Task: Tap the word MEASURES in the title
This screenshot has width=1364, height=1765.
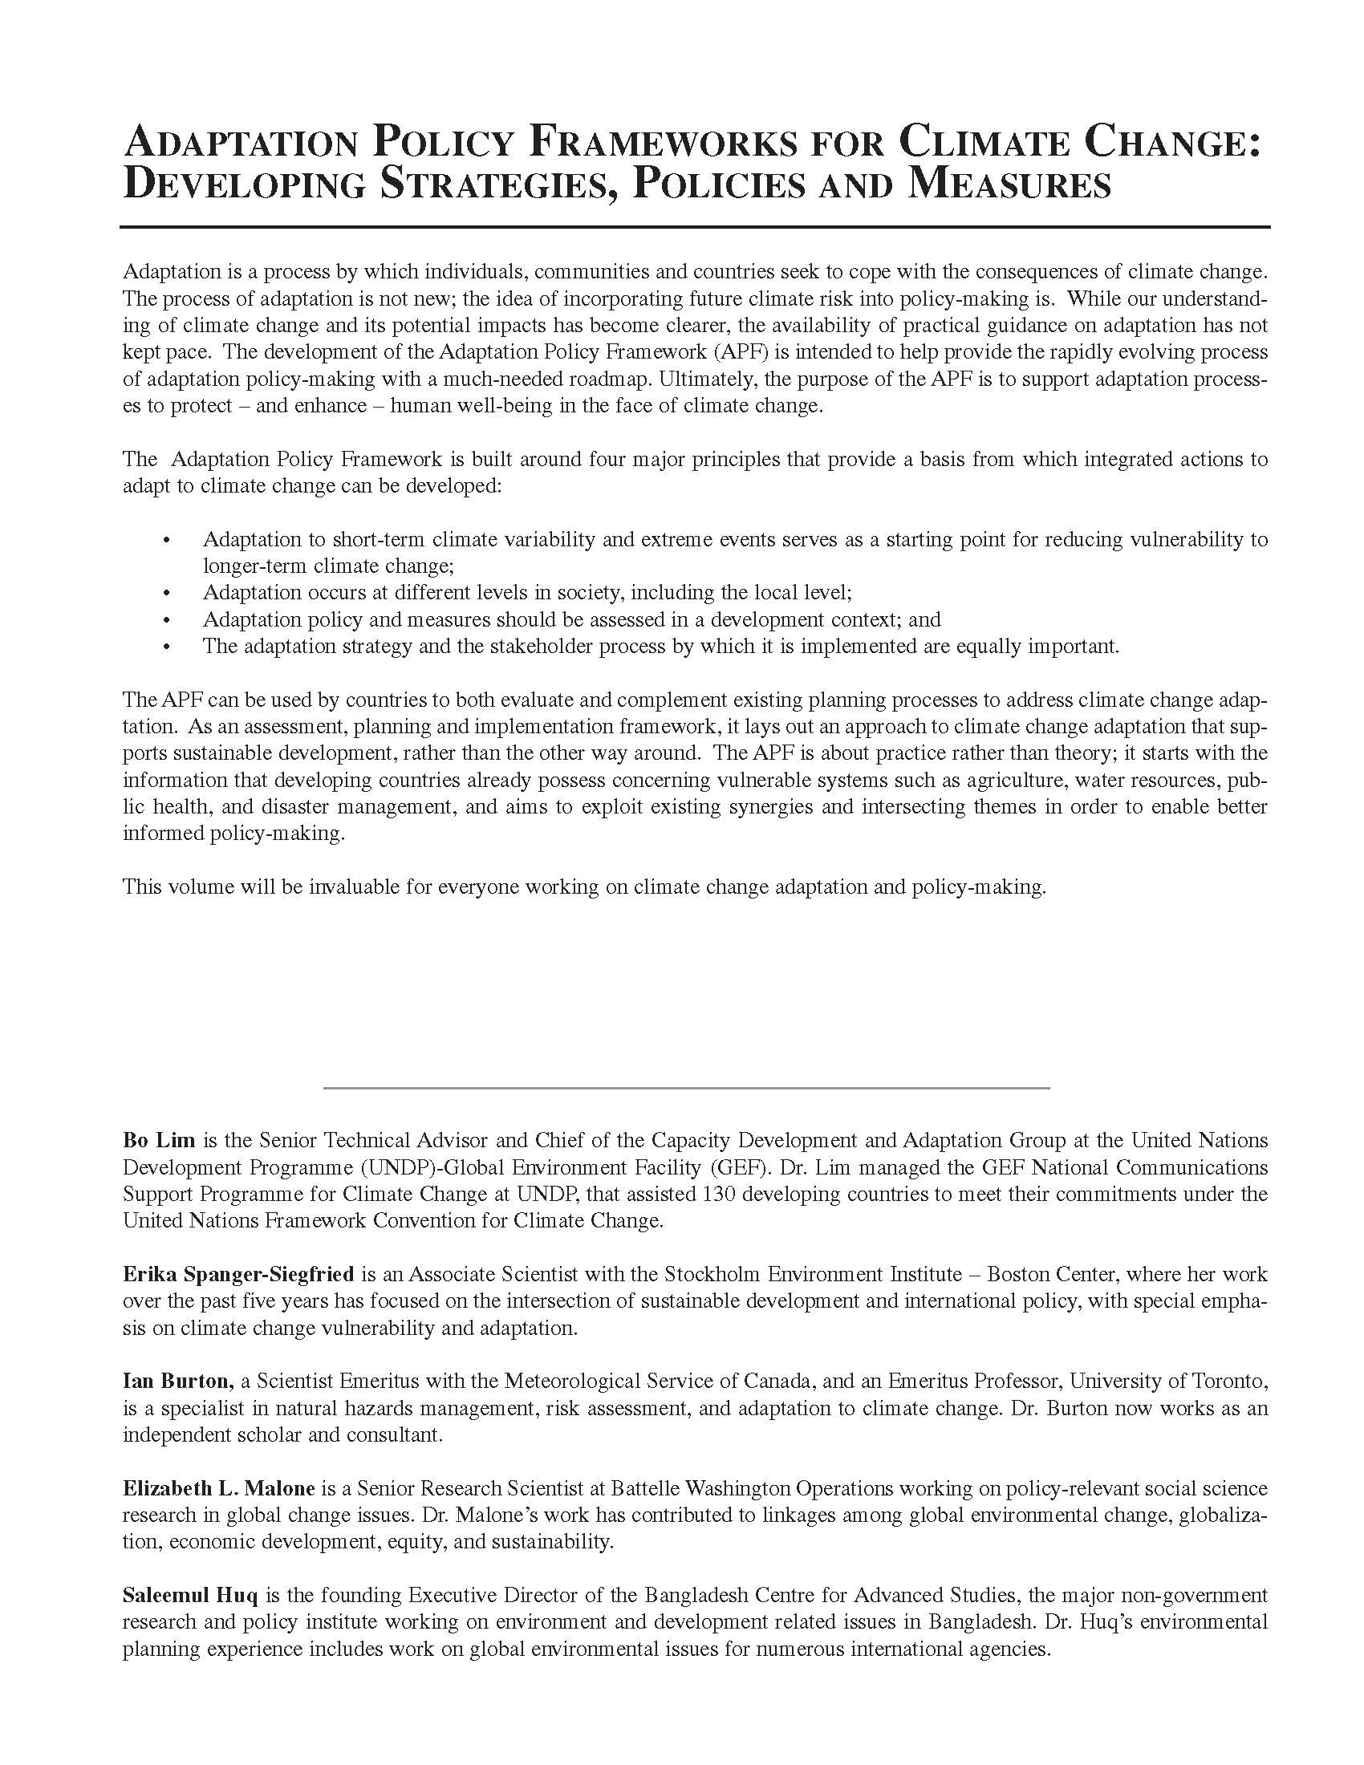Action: pos(1009,185)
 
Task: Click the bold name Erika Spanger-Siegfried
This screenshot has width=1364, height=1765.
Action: pos(238,1275)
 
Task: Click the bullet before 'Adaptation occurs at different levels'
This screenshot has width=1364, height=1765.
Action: pos(167,593)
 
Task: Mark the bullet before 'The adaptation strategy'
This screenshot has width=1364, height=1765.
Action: pos(167,647)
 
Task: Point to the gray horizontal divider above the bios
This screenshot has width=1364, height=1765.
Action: pos(686,1088)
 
